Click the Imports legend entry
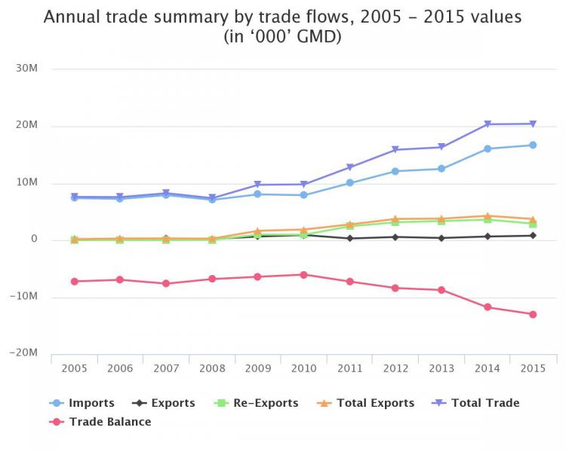84,403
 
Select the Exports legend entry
164,403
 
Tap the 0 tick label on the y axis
34,240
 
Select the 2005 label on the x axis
75,369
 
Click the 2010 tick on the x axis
303,369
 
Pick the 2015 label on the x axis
532,369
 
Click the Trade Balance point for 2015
533,314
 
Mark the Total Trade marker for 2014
488,124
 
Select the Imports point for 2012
395,171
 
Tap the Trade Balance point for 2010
303,274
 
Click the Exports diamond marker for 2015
533,235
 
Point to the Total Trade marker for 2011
349,167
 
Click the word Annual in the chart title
71,17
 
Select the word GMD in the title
318,37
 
